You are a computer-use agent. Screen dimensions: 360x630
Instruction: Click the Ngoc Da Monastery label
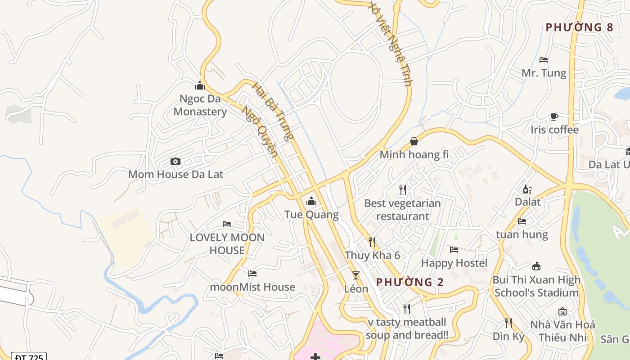tap(200, 105)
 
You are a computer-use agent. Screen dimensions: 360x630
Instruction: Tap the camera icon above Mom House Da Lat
tap(175, 161)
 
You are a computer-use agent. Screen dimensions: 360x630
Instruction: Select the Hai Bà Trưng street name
tap(273, 111)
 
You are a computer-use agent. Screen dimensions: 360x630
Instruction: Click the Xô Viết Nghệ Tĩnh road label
tap(390, 43)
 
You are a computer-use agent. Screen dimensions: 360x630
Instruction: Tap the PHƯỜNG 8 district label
tap(579, 27)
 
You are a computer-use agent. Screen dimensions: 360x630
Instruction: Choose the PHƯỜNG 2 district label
tap(409, 282)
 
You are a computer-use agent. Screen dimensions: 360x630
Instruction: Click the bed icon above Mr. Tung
tap(544, 59)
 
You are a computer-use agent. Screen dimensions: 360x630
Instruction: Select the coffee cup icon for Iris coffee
tap(554, 117)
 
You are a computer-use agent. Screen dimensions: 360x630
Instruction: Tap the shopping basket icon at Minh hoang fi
tap(414, 141)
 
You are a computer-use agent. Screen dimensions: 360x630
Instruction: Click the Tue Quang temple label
tap(311, 214)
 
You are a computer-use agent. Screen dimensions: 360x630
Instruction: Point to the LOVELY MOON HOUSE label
tap(227, 243)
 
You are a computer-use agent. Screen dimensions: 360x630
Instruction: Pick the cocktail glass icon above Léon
tap(356, 275)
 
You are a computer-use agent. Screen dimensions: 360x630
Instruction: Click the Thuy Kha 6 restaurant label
tap(372, 255)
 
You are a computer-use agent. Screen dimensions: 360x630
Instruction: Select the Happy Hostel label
tap(454, 263)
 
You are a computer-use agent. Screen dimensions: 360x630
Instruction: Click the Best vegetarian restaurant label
tap(402, 209)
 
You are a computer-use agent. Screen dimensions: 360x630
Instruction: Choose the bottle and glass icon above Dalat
tap(527, 189)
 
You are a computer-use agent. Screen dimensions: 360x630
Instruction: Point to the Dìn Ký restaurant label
tap(508, 336)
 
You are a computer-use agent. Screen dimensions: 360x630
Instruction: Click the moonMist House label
tap(252, 287)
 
